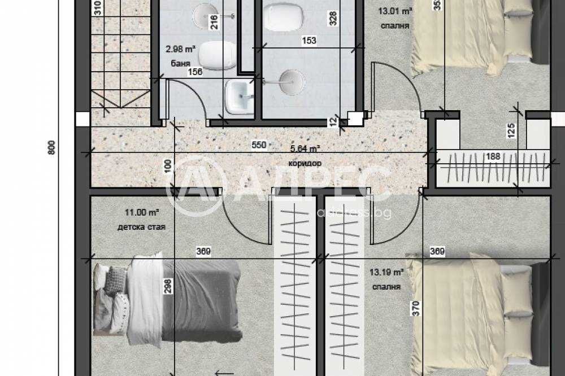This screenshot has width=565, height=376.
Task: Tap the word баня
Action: (x=179, y=64)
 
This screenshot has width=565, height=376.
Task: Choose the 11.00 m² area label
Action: (x=142, y=213)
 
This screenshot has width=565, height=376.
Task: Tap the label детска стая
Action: (x=141, y=228)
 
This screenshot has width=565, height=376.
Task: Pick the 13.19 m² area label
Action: (x=386, y=272)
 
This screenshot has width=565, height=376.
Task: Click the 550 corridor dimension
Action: (x=258, y=145)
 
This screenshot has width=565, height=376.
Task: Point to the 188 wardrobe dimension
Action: (x=494, y=156)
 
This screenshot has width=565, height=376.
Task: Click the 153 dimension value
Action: (x=308, y=41)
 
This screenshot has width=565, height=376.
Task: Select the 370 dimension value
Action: (x=416, y=309)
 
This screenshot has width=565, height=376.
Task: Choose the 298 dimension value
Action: (x=167, y=288)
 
